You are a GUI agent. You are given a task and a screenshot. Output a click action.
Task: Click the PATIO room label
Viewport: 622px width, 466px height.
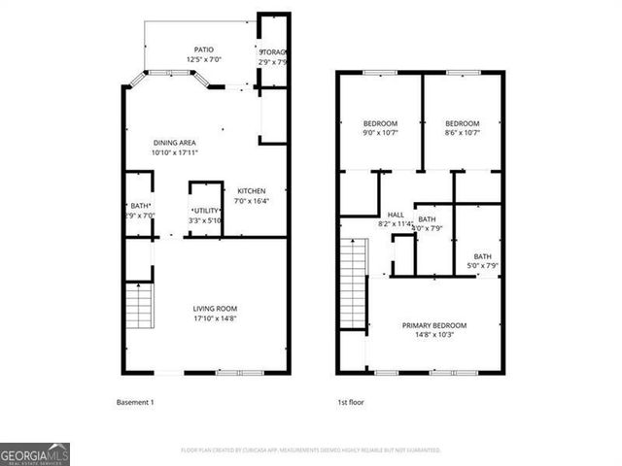203,50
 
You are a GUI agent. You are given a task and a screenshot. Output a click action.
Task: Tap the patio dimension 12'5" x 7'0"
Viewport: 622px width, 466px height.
203,61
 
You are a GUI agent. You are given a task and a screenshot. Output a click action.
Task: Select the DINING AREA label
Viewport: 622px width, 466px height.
174,143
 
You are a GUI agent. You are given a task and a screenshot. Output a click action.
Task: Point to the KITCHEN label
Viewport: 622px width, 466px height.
252,191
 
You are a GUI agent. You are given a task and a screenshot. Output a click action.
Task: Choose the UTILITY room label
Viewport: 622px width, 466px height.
206,211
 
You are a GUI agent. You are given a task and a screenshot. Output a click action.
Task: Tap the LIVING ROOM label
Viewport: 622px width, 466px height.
215,308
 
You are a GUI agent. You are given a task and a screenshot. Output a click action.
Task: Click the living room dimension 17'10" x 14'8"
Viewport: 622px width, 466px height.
215,318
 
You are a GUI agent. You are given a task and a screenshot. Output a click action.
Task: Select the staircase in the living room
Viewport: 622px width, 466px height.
139,305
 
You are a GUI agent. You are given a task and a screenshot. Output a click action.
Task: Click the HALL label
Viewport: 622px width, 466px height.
396,215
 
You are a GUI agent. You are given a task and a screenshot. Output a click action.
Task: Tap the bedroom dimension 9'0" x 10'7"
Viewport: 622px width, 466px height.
380,135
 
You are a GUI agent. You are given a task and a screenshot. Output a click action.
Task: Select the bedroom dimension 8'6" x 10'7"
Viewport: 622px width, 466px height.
462,135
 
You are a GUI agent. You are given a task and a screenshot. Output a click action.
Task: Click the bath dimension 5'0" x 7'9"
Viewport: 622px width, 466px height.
482,267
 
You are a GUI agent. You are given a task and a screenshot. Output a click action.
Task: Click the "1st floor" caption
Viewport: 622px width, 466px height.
350,401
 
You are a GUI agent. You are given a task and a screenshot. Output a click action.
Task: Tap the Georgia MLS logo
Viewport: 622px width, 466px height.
35,453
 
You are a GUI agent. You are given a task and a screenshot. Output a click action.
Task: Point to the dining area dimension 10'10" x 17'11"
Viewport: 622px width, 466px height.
174,153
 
